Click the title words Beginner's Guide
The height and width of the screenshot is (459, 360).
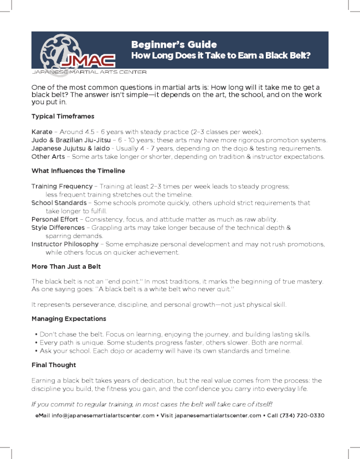coord(174,44)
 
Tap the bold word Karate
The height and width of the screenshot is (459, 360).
coord(42,132)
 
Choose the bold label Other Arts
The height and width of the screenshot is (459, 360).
coord(48,157)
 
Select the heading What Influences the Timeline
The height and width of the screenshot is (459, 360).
coord(78,171)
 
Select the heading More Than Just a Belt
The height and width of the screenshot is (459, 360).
coord(66,266)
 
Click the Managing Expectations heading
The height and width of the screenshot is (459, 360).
coord(69,319)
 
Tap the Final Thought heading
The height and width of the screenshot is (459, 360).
coord(54,365)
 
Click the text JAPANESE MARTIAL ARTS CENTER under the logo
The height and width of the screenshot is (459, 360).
coord(89,72)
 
